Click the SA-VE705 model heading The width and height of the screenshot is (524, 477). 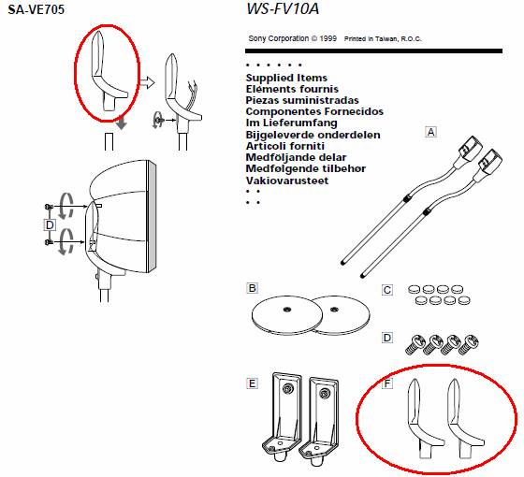click(36, 9)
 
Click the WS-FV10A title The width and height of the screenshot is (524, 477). click(283, 8)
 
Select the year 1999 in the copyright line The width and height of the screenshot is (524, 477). click(327, 38)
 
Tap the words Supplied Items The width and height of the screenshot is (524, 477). click(286, 78)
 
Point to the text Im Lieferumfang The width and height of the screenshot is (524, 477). click(291, 123)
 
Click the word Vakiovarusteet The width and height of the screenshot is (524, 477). click(287, 181)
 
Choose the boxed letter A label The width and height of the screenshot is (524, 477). click(431, 132)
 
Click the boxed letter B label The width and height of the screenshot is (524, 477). click(253, 288)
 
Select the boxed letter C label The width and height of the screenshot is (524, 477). click(387, 290)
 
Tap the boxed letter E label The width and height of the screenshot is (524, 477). click(253, 383)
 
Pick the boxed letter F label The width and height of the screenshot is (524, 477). click(387, 383)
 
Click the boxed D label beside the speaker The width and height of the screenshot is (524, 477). click(50, 224)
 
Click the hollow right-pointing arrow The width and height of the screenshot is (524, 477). click(148, 82)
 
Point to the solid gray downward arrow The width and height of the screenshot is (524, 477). click(122, 123)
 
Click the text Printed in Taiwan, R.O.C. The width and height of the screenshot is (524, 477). click(383, 38)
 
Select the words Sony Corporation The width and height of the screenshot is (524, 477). click(279, 38)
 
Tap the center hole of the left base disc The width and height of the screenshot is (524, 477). click(286, 310)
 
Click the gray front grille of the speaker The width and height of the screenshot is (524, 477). click(152, 216)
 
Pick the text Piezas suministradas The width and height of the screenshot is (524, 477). click(302, 100)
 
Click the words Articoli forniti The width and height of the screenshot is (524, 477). click(285, 146)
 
